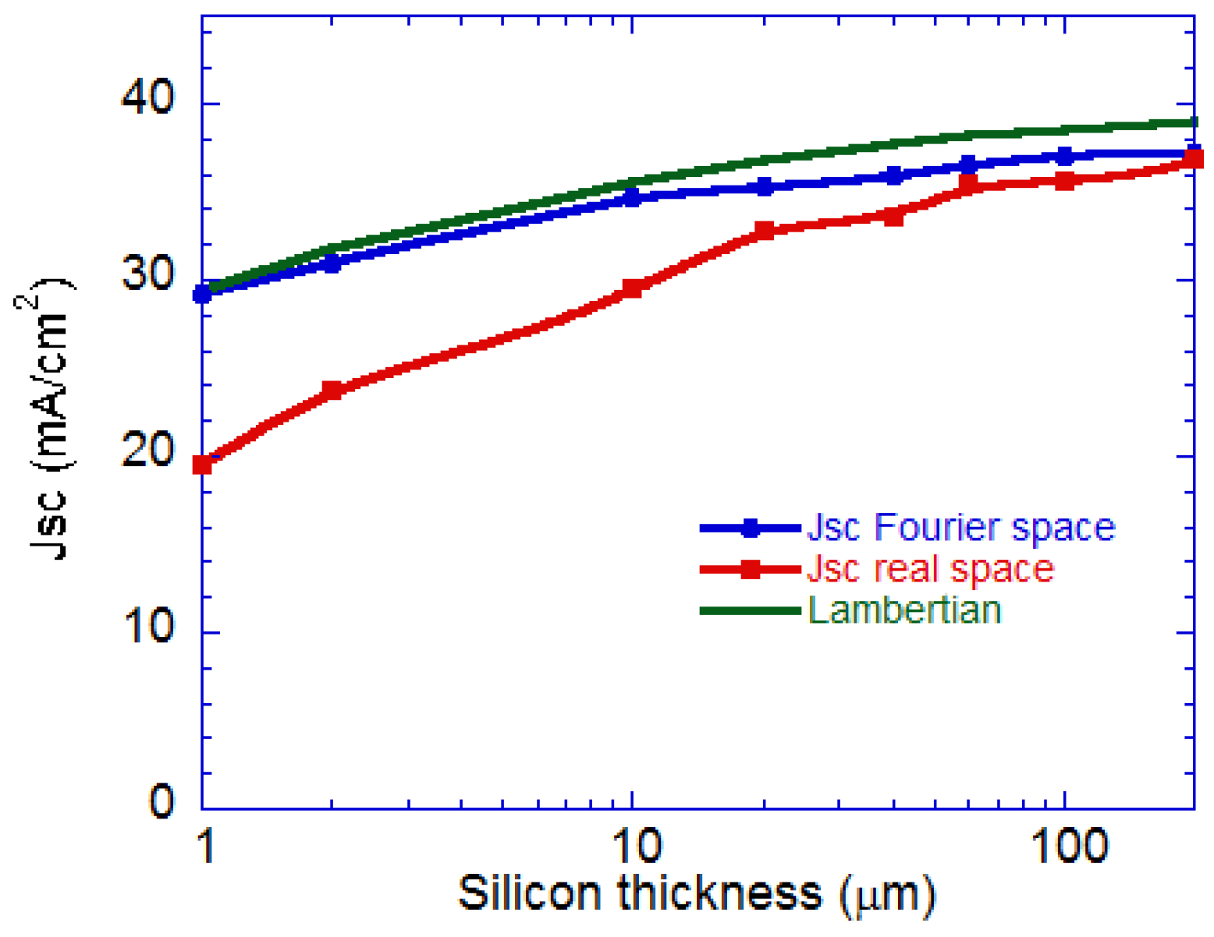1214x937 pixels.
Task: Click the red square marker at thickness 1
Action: point(202,465)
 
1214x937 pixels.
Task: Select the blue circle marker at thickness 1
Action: point(202,294)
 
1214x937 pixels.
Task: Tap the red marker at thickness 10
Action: point(633,289)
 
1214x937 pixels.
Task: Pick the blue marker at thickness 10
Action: point(633,197)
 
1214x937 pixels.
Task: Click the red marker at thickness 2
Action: point(332,390)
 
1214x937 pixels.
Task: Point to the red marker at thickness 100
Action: point(1064,180)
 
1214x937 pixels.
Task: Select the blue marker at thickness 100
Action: point(1064,156)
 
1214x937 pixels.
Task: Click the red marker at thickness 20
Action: point(765,230)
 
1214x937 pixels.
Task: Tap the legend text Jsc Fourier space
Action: point(960,529)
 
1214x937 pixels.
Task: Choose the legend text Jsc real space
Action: point(930,569)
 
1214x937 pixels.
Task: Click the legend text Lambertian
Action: point(904,610)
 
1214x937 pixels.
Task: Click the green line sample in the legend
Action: point(750,610)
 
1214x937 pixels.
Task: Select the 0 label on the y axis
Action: point(162,801)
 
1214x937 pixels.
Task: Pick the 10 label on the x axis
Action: point(637,846)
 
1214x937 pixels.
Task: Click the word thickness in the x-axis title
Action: point(720,893)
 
